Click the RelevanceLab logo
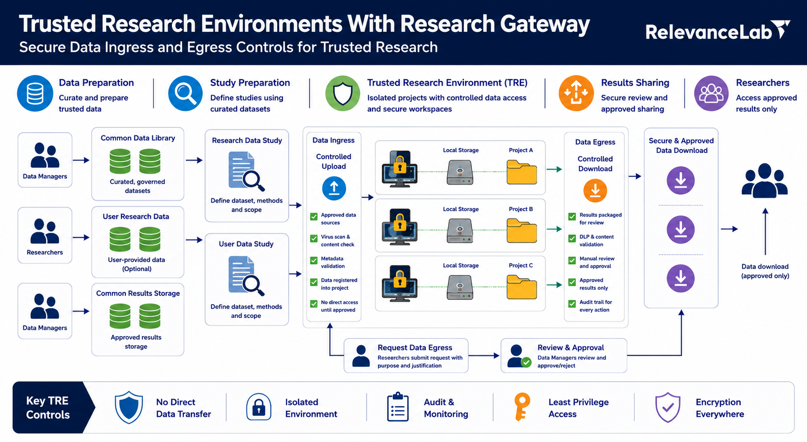pyautogui.click(x=717, y=31)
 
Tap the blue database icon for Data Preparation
pyautogui.click(x=35, y=93)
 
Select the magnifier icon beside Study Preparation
pyautogui.click(x=185, y=93)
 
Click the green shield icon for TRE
pyautogui.click(x=342, y=93)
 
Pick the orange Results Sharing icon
pyautogui.click(x=576, y=93)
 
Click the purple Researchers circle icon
pyautogui.click(x=711, y=93)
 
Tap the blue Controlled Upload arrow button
pyautogui.click(x=334, y=188)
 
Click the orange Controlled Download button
pyautogui.click(x=595, y=190)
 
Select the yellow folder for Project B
pyautogui.click(x=522, y=230)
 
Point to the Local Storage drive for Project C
pyautogui.click(x=460, y=287)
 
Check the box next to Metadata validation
pyautogui.click(x=314, y=260)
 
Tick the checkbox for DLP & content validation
pyautogui.click(x=572, y=239)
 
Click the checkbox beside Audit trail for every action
pyautogui.click(x=572, y=304)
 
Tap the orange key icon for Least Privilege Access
pyautogui.click(x=522, y=407)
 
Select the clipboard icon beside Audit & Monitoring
pyautogui.click(x=398, y=407)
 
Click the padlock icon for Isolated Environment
pyautogui.click(x=259, y=407)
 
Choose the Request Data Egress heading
pyautogui.click(x=414, y=347)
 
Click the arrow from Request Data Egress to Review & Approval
pyautogui.click(x=484, y=355)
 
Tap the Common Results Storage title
pyautogui.click(x=138, y=294)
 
